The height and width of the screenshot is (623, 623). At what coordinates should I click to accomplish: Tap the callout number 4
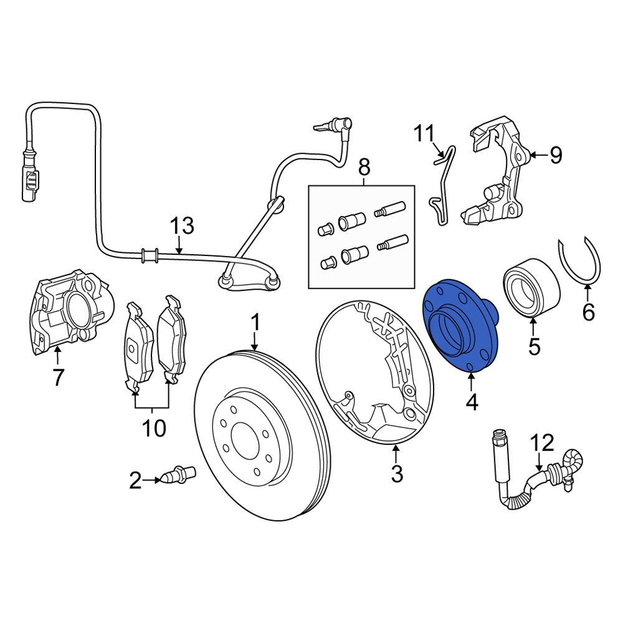[x=472, y=402]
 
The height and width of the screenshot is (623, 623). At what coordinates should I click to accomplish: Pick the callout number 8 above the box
[x=363, y=167]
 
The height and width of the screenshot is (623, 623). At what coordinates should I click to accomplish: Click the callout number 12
[x=543, y=443]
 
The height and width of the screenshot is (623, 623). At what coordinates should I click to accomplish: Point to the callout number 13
[x=183, y=226]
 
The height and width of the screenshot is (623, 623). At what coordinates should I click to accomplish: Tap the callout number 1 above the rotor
[x=255, y=323]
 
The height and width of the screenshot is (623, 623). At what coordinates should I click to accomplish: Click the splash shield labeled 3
[x=374, y=374]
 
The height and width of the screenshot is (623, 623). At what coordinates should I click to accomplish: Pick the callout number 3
[x=397, y=474]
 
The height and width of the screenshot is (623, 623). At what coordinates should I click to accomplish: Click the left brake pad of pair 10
[x=139, y=346]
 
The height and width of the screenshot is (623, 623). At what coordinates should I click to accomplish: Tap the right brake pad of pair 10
[x=171, y=341]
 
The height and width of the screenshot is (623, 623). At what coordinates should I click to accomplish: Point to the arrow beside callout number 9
[x=537, y=154]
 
